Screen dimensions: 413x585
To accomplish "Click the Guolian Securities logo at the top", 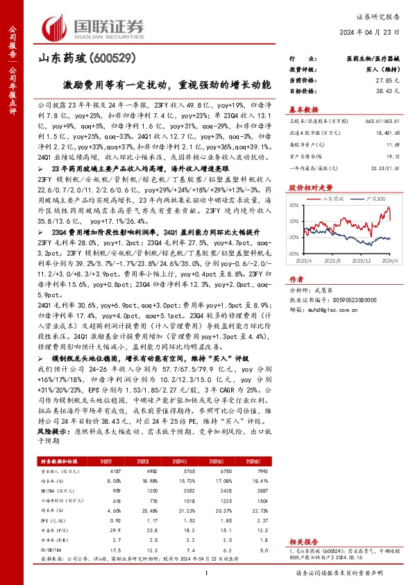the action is pyautogui.click(x=94, y=27).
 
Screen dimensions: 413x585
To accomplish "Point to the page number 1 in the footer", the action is pyautogui.click(x=207, y=572).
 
